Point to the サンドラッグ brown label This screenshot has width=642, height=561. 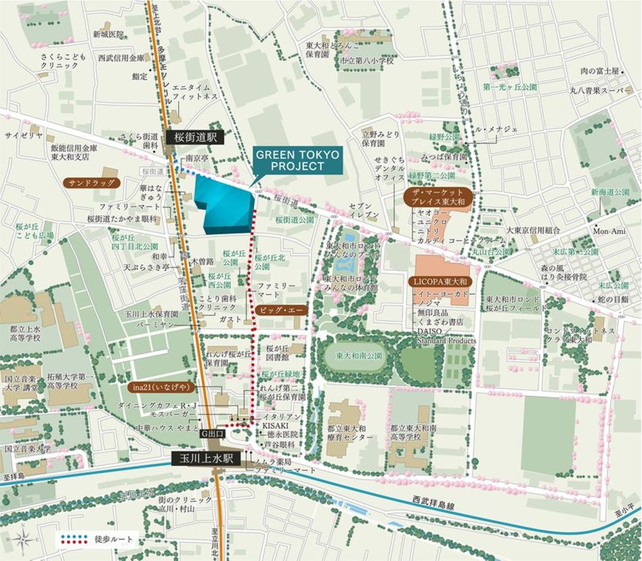(91, 183)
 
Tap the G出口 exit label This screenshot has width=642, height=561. (212, 431)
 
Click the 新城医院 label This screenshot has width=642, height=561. (108, 34)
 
